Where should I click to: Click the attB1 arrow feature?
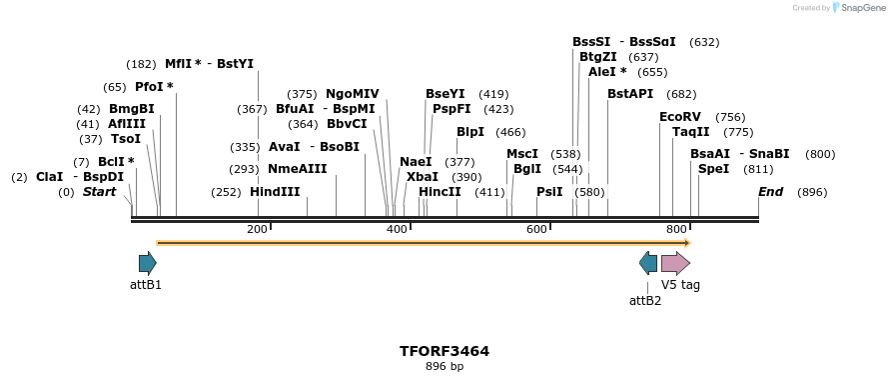click(147, 263)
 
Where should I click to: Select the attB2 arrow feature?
click(648, 263)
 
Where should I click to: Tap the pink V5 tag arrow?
click(675, 263)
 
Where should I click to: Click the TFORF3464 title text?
click(445, 351)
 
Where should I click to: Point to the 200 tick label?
click(257, 230)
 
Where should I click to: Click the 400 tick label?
click(397, 230)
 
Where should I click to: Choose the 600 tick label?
click(536, 230)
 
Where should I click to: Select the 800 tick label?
click(676, 230)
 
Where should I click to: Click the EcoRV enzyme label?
click(680, 117)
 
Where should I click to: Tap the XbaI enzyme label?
click(423, 176)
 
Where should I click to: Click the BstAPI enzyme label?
click(630, 94)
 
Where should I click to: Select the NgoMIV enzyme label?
click(353, 94)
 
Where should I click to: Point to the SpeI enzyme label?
click(713, 169)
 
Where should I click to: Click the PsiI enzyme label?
click(549, 192)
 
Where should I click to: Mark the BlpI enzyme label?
click(470, 132)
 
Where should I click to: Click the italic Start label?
click(99, 192)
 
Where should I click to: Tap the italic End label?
click(770, 192)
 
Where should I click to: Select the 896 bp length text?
click(445, 366)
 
